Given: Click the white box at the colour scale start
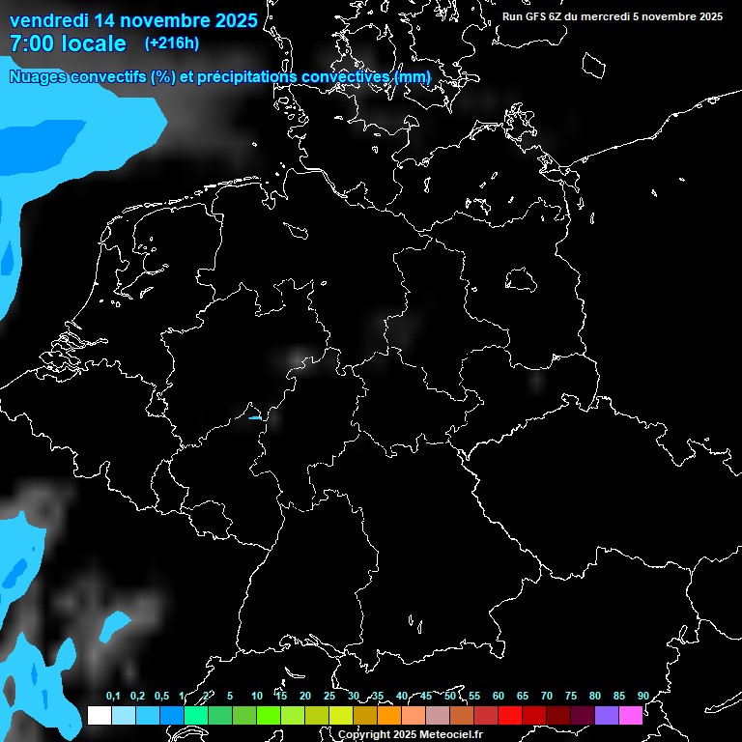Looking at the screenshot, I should [x=99, y=715].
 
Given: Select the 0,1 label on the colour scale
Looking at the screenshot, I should [x=112, y=696].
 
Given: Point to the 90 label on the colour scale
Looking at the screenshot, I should [x=642, y=696].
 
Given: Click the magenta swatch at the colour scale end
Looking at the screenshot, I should [x=630, y=715].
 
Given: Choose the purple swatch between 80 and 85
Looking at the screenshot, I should [x=606, y=715].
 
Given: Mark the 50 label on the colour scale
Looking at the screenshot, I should [x=450, y=696].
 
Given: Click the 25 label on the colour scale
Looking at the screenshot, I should [x=329, y=696].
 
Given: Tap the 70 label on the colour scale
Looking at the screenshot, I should [x=547, y=696].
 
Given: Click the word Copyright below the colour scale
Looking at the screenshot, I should [x=364, y=735].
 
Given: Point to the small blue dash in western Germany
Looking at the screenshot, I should [x=255, y=417].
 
